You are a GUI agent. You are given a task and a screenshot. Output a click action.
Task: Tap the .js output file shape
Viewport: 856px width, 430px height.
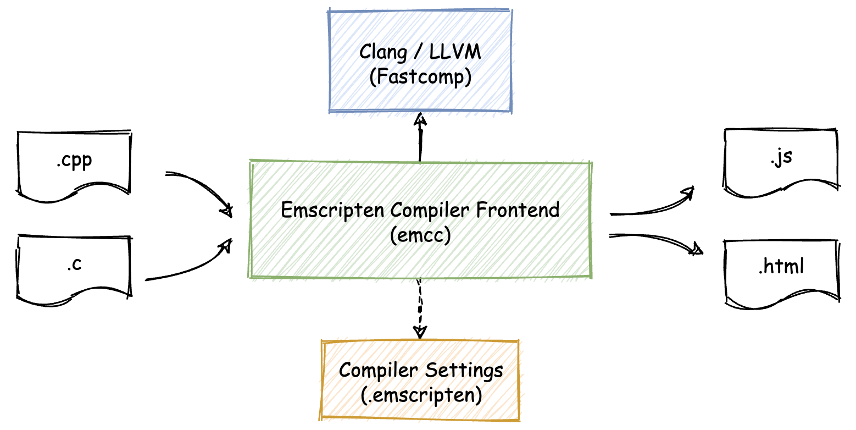click(780, 159)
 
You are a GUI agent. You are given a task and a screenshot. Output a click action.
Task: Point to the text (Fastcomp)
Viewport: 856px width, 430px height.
click(420, 77)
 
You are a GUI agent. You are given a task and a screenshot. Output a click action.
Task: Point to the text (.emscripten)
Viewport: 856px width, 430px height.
click(420, 395)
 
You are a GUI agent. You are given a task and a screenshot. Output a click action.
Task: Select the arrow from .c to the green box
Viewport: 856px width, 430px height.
click(190, 264)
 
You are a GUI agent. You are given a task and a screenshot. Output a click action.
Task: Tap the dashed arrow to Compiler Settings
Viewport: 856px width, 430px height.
click(420, 308)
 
